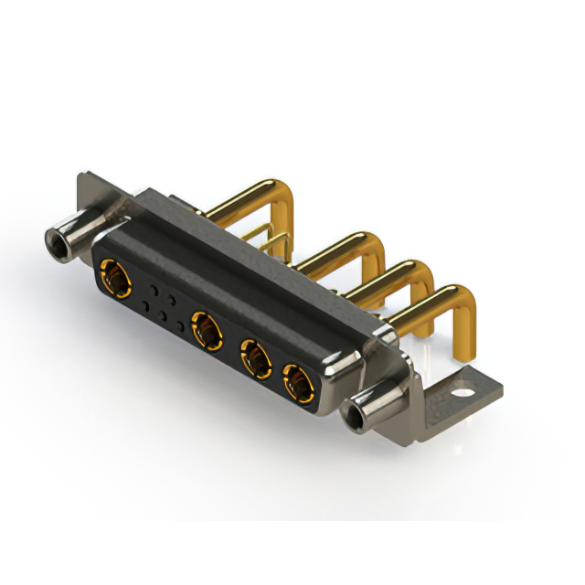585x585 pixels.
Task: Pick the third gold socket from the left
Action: [255, 359]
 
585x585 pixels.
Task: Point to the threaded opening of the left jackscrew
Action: [56, 242]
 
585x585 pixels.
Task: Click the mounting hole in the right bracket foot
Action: [472, 395]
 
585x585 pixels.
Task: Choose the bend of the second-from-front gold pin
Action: [420, 273]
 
